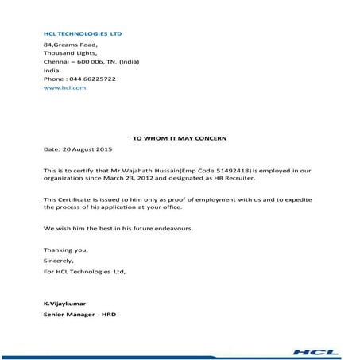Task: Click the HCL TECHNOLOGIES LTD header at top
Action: [x=83, y=34]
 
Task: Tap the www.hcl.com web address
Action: [x=64, y=88]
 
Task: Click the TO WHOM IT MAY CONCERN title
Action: [x=180, y=138]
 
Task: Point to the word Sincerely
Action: [x=58, y=261]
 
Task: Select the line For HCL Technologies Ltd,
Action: [x=84, y=271]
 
